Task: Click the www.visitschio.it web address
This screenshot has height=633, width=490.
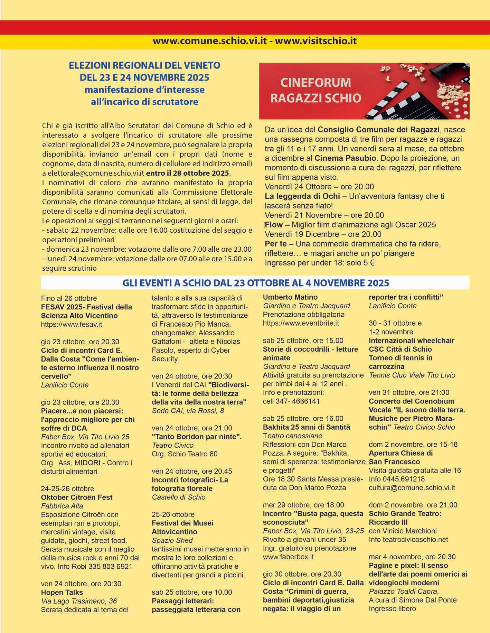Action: [x=315, y=41]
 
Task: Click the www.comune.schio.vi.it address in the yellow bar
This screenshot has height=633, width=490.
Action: [x=210, y=41]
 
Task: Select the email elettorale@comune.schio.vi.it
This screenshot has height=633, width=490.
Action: [x=93, y=173]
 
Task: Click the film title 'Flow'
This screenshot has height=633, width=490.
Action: [x=274, y=225]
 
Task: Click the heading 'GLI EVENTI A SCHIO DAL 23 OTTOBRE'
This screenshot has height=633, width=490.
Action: [x=255, y=283]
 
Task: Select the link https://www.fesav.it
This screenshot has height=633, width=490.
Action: [x=71, y=324]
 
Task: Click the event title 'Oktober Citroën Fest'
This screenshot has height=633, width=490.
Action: [x=77, y=497]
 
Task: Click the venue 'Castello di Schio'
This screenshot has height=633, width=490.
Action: [x=178, y=497]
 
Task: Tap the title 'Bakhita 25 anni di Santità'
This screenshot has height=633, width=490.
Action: [x=306, y=427]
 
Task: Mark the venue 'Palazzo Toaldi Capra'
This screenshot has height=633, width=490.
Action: [x=404, y=592]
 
